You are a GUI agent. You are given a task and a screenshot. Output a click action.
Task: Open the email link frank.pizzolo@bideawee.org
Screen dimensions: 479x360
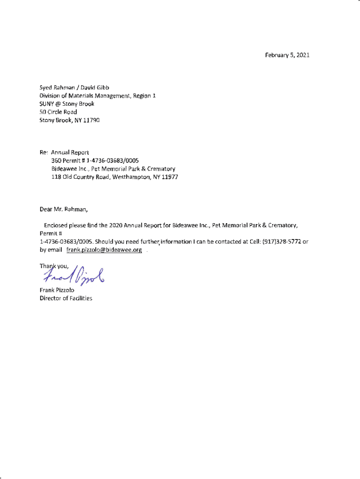tap(104, 250)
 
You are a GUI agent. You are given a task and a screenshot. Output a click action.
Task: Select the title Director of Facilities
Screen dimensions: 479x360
tap(65, 298)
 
